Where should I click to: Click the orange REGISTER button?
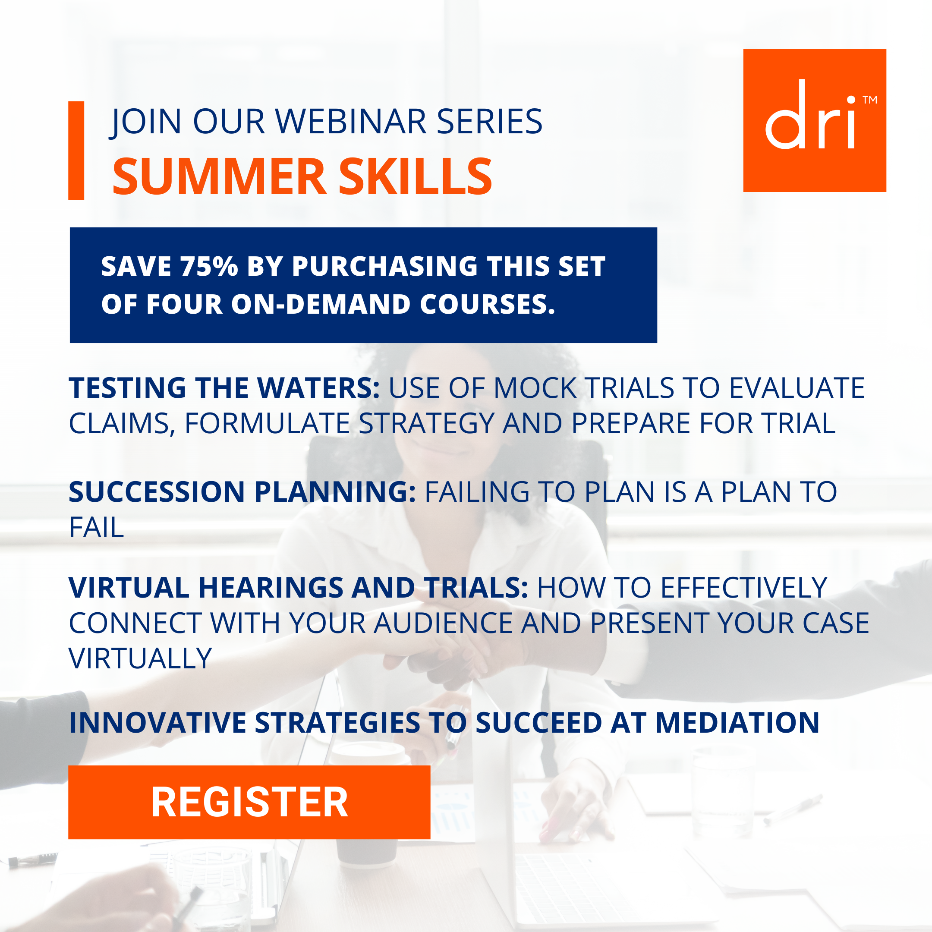coord(249,802)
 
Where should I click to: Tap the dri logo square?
coord(814,120)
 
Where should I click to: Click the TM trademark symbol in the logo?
coord(870,100)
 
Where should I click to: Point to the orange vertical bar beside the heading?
coord(76,151)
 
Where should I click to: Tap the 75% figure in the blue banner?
coord(209,266)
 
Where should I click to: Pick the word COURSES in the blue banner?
coord(487,304)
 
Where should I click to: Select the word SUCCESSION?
coord(157,491)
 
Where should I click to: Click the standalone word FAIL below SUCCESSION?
coord(97,527)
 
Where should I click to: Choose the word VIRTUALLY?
coord(140,658)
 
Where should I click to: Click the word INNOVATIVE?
coord(157,722)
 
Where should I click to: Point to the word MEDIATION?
coord(737,722)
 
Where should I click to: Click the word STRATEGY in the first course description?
coord(426,424)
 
